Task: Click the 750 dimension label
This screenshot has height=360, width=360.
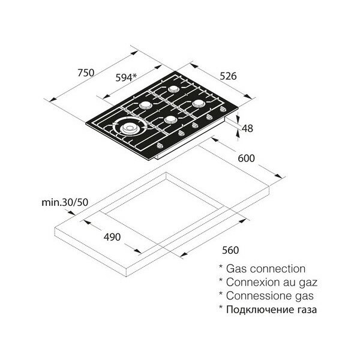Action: [86, 73]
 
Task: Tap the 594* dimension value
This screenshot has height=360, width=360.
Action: [126, 77]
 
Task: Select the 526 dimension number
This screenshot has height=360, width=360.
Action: [228, 76]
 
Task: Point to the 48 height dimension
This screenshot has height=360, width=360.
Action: [247, 128]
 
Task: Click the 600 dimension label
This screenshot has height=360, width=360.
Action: [247, 158]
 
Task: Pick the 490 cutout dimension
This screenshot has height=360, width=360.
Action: [112, 237]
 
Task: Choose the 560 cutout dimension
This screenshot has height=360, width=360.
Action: [230, 250]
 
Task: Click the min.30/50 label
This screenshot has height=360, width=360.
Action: [65, 202]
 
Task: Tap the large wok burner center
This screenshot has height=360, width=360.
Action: [128, 128]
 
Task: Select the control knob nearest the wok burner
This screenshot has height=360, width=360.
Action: [160, 145]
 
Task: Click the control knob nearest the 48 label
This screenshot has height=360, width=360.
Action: [222, 109]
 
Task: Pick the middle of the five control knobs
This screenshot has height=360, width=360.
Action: [195, 125]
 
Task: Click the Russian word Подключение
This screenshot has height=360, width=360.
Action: [259, 310]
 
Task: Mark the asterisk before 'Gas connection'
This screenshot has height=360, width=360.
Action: [221, 267]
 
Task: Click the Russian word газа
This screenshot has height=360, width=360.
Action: [305, 310]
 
